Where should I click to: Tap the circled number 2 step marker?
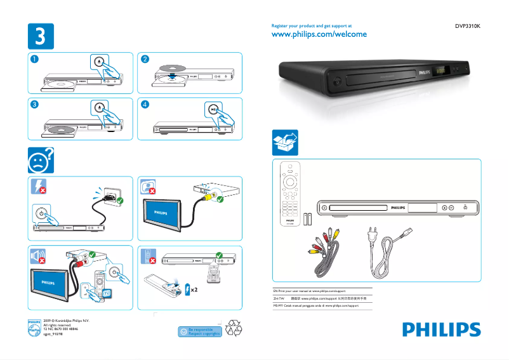(145, 60)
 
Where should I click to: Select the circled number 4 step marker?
(145, 104)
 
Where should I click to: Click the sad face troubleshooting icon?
(39, 161)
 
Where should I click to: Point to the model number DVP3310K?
(467, 27)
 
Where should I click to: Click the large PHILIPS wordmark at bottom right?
(440, 330)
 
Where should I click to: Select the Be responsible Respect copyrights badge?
(200, 331)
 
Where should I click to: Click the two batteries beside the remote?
(307, 219)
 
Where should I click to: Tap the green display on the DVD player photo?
(440, 71)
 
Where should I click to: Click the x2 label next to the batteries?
(195, 290)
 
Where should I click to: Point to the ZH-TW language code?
(277, 297)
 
